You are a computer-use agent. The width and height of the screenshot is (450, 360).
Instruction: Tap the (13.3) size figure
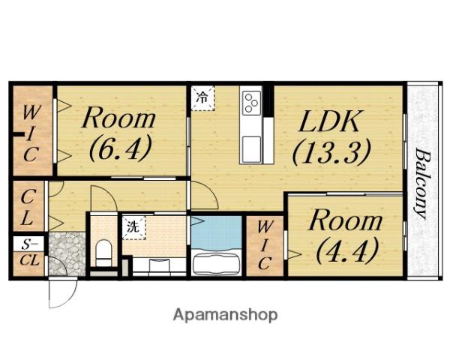(x=331, y=151)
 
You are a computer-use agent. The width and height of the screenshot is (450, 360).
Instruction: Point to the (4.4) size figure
(x=347, y=250)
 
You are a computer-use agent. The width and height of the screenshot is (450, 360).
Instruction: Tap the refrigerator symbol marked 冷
(x=203, y=98)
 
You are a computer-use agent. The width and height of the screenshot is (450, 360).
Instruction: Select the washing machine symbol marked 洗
(x=133, y=227)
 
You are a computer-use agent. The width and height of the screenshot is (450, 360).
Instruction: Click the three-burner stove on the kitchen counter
(x=252, y=103)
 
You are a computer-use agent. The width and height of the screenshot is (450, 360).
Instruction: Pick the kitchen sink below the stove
(x=252, y=149)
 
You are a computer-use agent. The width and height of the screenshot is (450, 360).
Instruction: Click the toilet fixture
(x=103, y=252)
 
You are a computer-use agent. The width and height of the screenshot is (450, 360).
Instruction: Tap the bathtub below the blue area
(x=217, y=262)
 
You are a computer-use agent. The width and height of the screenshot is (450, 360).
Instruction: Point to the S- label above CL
(x=29, y=244)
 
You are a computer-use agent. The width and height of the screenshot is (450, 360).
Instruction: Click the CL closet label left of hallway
(x=28, y=207)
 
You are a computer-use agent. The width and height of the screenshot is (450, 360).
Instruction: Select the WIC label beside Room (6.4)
(x=31, y=133)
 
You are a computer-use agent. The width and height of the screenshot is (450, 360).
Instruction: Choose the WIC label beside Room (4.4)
(x=265, y=246)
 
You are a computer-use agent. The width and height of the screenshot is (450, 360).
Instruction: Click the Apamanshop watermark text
(x=225, y=315)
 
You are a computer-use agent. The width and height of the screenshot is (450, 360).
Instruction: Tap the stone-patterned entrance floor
(x=67, y=253)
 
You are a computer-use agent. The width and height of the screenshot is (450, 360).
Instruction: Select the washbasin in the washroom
(x=159, y=265)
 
